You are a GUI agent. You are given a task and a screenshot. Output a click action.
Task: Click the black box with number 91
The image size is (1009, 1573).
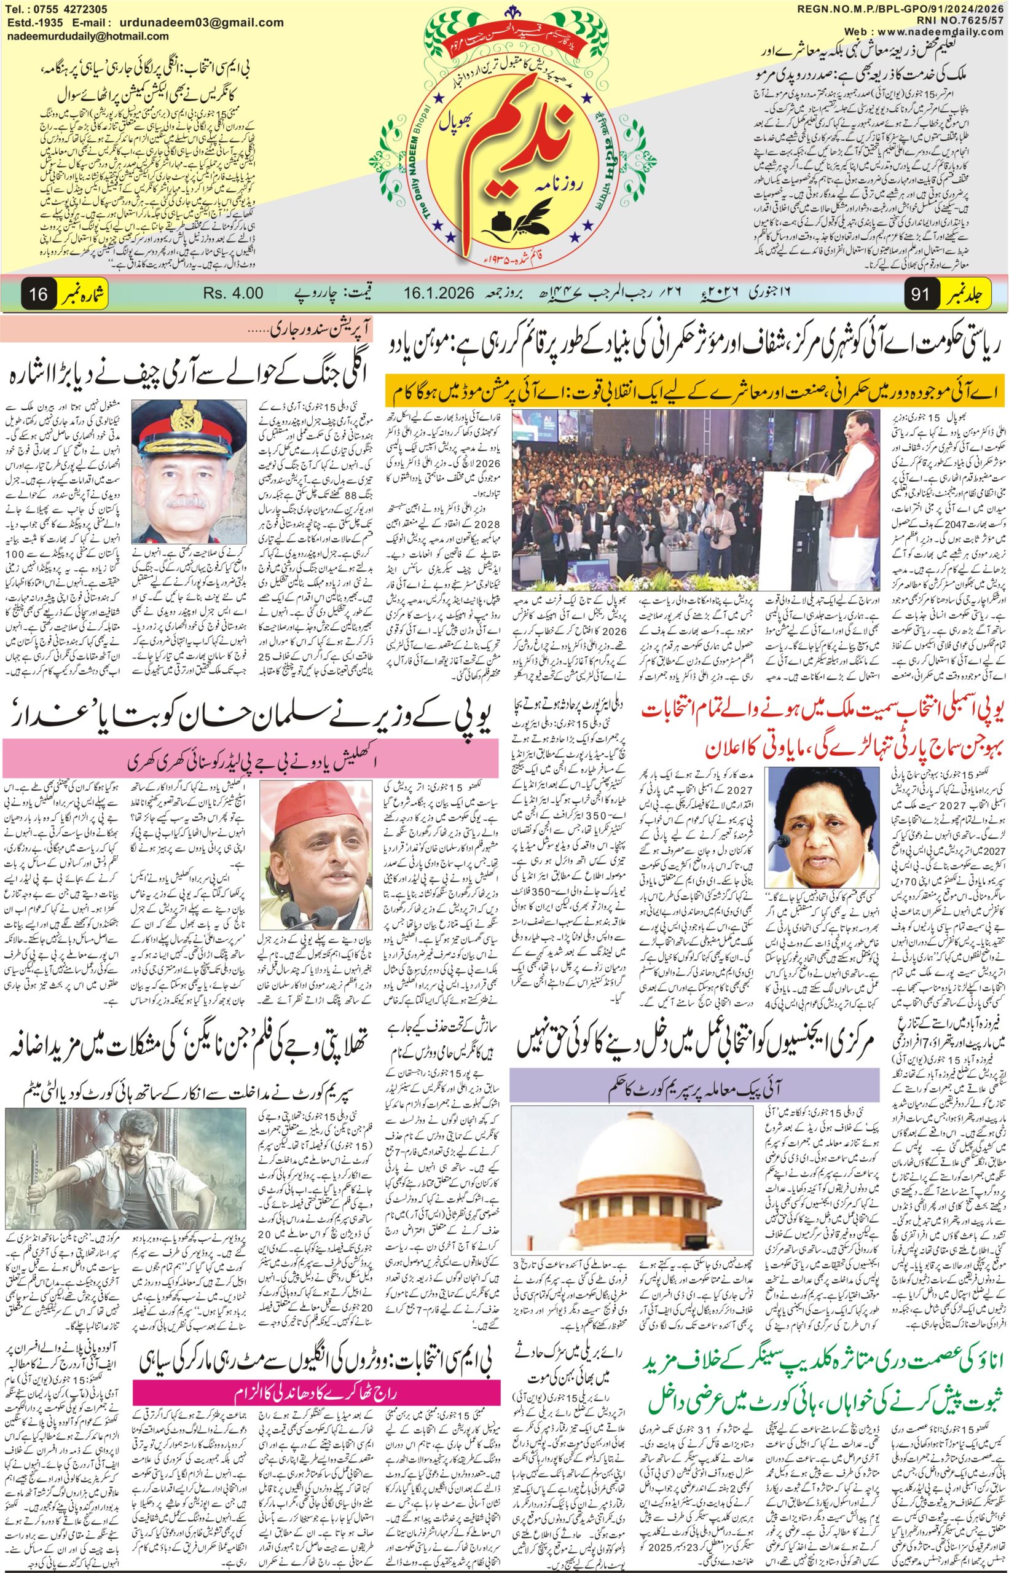coord(921,294)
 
